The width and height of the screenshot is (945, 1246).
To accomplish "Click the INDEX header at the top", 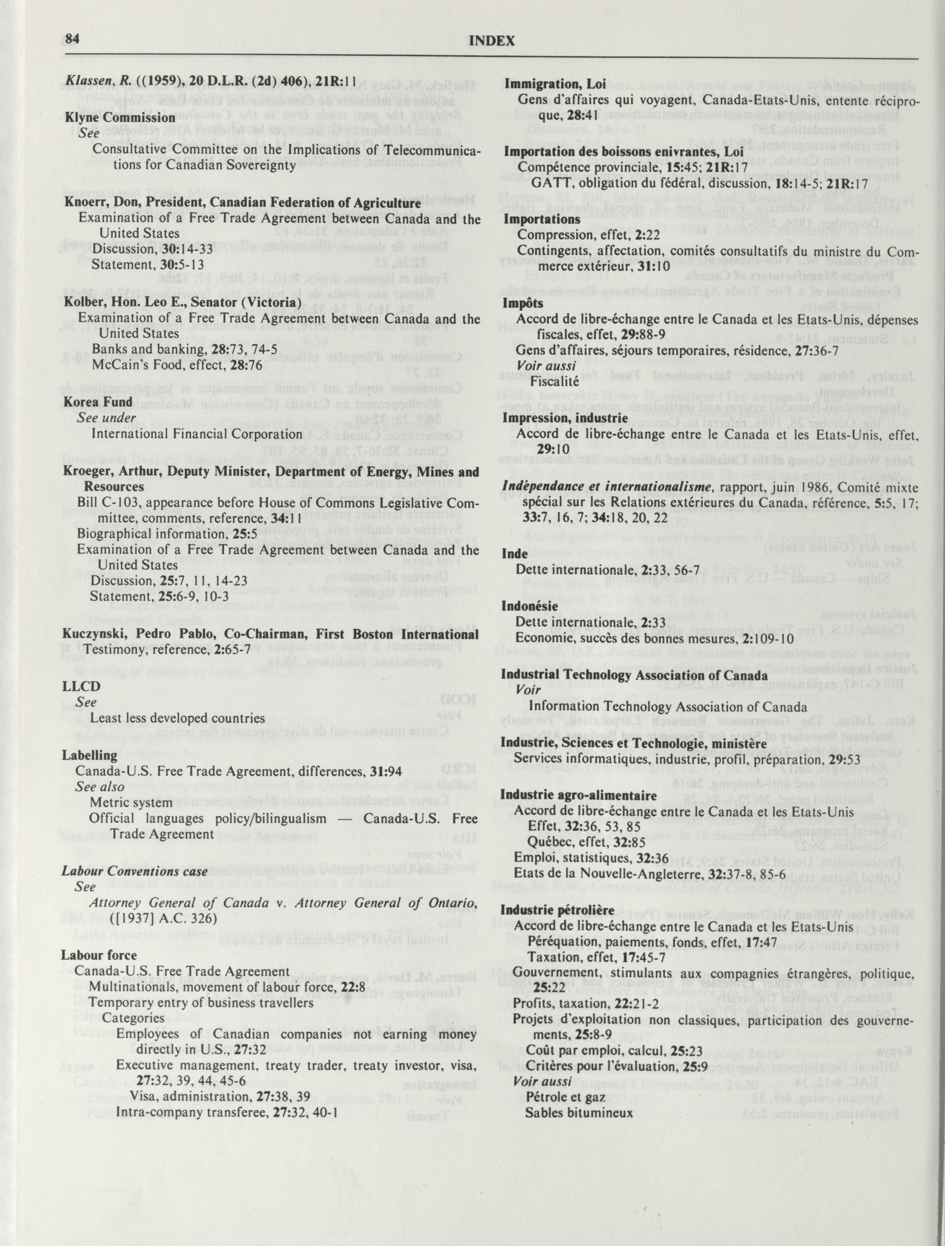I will (491, 41).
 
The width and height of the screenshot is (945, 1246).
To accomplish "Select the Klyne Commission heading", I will (120, 118).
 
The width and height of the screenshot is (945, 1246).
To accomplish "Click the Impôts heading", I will (523, 303).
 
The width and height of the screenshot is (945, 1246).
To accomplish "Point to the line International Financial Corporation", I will (197, 434).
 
